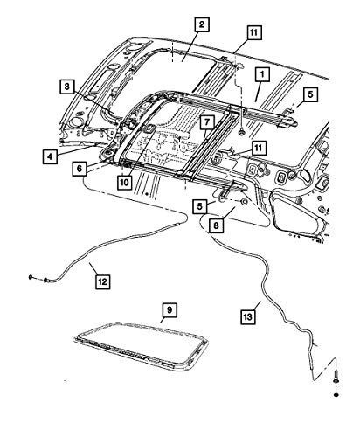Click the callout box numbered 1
coord(262,74)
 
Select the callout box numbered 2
coord(202,24)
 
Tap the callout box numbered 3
coord(67,87)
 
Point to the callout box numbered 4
coord(50,156)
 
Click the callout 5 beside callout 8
coord(199,206)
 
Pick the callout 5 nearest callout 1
coord(310,94)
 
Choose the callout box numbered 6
coord(80,169)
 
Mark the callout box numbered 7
coord(207,122)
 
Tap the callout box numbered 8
coord(216,225)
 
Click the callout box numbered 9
coord(170,310)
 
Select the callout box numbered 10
coord(124,183)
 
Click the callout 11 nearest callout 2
coord(254,32)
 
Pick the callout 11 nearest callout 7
coord(259,148)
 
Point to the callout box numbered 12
coord(103,281)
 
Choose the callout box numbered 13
coord(247,317)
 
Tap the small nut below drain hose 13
coord(336,395)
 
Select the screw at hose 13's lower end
coord(336,378)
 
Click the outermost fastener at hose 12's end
coord(31,277)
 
